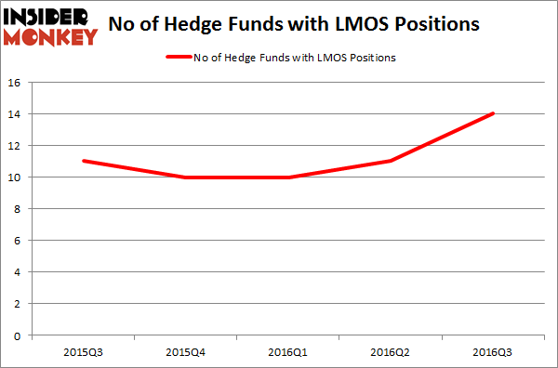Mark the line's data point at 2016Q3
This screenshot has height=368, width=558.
(x=493, y=113)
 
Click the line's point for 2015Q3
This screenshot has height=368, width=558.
(x=84, y=161)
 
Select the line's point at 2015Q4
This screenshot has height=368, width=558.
(x=186, y=177)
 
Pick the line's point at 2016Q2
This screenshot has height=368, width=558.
(x=391, y=161)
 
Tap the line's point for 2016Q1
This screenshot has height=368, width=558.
(x=288, y=177)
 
